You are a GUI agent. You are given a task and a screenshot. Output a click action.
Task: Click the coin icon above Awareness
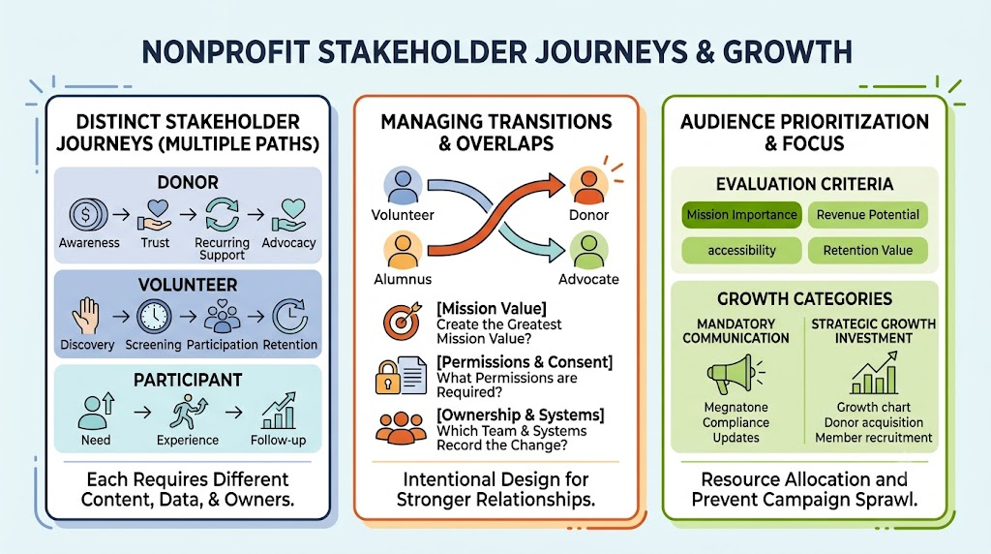(x=88, y=214)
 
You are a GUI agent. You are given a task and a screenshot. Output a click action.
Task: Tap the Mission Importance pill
(x=741, y=215)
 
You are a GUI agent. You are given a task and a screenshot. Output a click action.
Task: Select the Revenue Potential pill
(x=868, y=215)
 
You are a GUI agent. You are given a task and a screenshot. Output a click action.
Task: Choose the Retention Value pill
(x=868, y=251)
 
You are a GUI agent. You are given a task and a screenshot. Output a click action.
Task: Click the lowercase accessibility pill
(x=741, y=251)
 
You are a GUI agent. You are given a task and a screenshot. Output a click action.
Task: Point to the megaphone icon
(x=736, y=374)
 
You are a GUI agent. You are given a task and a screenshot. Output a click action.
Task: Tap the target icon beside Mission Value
(x=402, y=321)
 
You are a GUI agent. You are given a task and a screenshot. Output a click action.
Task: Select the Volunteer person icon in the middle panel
(x=403, y=185)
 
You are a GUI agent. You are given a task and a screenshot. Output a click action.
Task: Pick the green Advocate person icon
(x=589, y=251)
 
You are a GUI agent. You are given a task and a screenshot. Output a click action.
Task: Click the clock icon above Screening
(x=154, y=316)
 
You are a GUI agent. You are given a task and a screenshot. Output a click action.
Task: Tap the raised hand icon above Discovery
(x=86, y=316)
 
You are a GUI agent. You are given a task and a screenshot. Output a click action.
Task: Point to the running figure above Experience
(x=188, y=412)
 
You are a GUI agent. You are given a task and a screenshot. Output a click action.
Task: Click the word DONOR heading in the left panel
(x=188, y=182)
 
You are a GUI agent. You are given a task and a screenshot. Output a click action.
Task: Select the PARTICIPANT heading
(x=188, y=380)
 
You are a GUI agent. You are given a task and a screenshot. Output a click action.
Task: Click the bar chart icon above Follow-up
(x=278, y=411)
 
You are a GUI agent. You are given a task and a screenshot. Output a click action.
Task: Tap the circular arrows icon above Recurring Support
(x=222, y=215)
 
